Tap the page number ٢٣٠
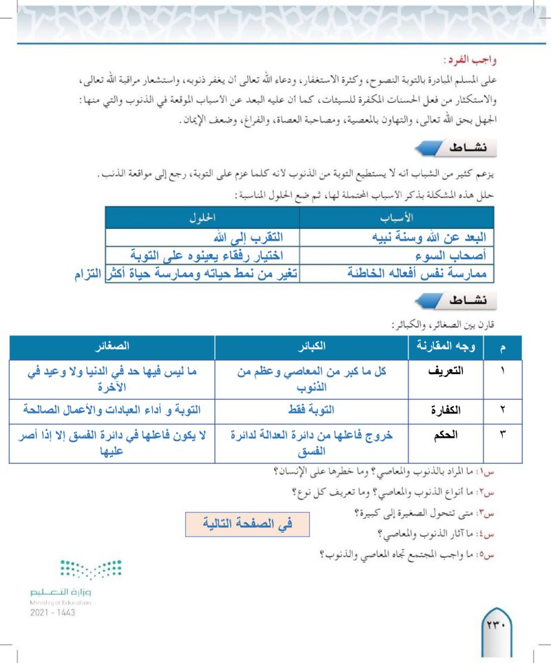(x=495, y=627)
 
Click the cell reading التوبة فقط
(x=313, y=410)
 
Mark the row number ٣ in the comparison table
(x=502, y=436)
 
